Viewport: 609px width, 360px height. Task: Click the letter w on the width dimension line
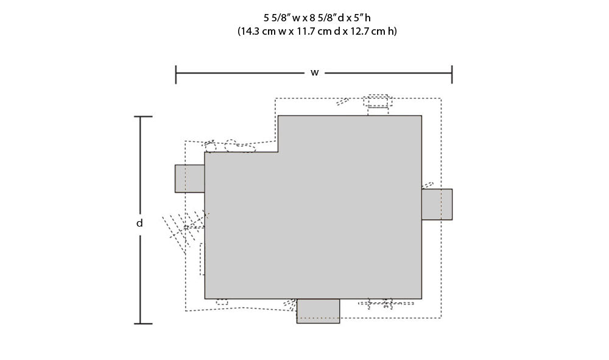click(x=315, y=72)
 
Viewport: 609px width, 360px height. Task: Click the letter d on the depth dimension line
click(x=139, y=223)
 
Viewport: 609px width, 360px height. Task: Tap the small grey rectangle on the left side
click(x=189, y=178)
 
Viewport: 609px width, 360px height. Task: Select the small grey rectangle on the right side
click(x=437, y=204)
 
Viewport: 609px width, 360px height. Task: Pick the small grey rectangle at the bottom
click(x=318, y=311)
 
